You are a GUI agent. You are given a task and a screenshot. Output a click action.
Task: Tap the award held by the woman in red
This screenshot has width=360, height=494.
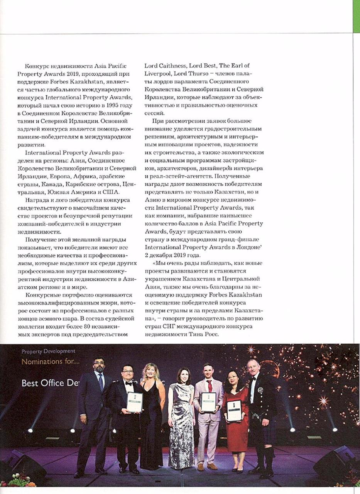click(x=234, y=410)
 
